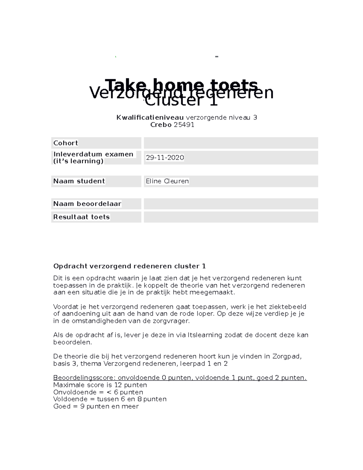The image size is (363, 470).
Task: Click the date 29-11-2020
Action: tap(165, 158)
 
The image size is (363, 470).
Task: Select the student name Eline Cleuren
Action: tap(167, 181)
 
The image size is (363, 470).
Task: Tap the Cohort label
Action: tap(66, 143)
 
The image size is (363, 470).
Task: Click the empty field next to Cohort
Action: tap(231, 143)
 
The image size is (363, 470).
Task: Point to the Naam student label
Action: tap(79, 181)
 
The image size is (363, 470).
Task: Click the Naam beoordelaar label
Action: tap(87, 204)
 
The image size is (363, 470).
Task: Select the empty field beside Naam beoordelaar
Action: tap(231, 204)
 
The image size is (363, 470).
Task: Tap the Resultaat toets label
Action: tap(81, 217)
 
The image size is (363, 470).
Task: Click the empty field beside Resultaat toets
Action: tap(231, 217)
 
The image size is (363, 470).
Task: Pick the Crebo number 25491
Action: tap(184, 125)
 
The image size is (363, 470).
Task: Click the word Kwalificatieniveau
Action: tap(150, 117)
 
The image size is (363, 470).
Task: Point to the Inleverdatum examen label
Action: tap(93, 154)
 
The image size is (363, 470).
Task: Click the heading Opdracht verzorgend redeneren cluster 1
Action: tap(129, 266)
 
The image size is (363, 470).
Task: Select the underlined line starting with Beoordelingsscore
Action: tap(180, 378)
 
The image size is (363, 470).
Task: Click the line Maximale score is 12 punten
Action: tap(100, 385)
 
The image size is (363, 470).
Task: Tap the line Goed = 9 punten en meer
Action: tap(96, 406)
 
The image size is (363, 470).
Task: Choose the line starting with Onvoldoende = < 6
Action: tap(98, 392)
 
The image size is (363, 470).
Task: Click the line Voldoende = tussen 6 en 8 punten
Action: tap(110, 399)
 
